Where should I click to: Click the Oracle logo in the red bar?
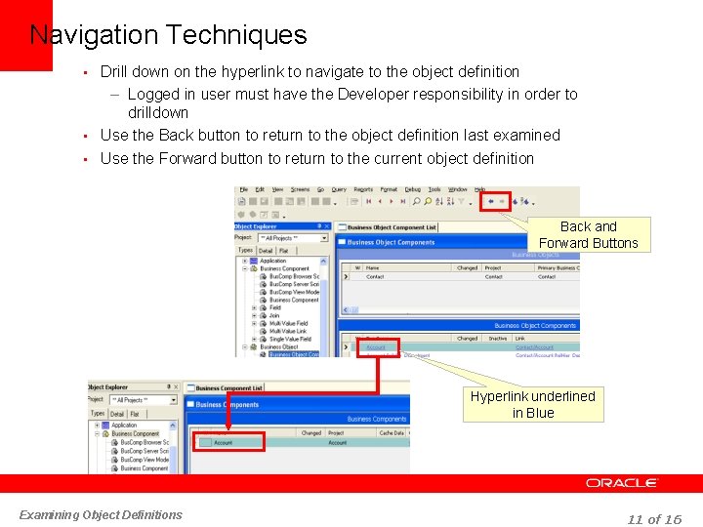(x=622, y=483)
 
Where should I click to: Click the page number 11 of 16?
(x=654, y=519)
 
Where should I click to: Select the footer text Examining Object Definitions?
(x=101, y=514)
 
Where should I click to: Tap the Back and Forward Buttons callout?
(x=588, y=234)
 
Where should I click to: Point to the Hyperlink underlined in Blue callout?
(x=532, y=404)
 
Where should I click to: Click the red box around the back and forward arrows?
(x=495, y=201)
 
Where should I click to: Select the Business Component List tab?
(x=229, y=387)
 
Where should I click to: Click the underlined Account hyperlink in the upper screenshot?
(x=376, y=347)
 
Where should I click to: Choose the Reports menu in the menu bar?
(x=363, y=189)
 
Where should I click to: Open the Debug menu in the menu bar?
(x=412, y=189)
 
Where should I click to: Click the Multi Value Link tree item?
(x=289, y=331)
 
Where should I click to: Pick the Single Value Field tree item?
(x=289, y=339)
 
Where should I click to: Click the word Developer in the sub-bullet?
(x=373, y=95)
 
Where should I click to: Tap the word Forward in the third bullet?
(x=188, y=158)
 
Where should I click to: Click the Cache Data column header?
(x=392, y=432)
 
